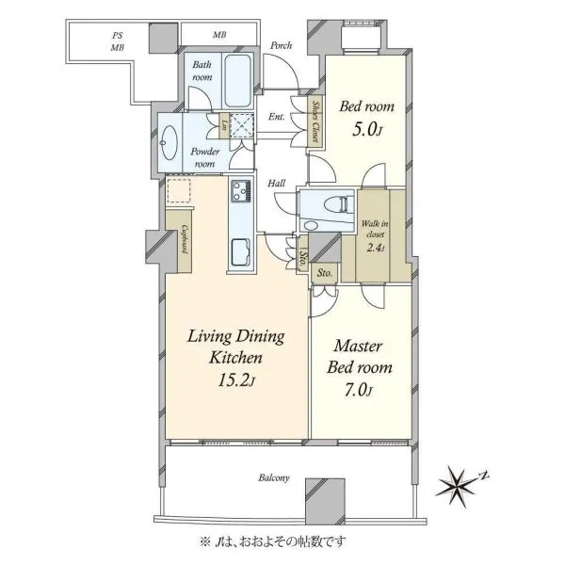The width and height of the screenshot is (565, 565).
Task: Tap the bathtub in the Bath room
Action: coord(238,80)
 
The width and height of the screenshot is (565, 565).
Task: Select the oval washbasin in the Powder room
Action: coord(169,142)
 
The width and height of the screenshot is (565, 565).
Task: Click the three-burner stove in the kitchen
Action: coord(241,190)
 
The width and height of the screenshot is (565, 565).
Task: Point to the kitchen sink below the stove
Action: coord(241,252)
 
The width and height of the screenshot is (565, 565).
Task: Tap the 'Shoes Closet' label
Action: coord(315,121)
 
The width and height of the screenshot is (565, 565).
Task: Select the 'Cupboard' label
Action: coord(185,239)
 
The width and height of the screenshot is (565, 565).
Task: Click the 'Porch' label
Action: coord(281,46)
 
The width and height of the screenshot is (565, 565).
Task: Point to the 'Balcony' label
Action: coord(274,478)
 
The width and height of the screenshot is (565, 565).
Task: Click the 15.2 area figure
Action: coord(236,380)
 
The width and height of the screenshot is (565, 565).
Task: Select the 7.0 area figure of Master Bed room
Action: coord(358,390)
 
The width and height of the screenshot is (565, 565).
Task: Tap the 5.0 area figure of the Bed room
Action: coord(366,130)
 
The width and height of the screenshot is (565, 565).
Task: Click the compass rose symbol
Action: coord(458,486)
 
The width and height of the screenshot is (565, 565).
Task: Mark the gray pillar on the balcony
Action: coord(325,499)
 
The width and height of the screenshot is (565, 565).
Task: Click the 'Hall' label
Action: coord(276,184)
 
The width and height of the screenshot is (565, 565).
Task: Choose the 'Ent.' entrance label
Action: coord(276,117)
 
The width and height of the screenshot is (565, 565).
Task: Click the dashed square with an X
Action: coord(241,125)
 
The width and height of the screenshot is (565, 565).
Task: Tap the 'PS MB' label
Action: coord(117,41)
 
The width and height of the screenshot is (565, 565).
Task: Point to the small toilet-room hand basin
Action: coord(311,226)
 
